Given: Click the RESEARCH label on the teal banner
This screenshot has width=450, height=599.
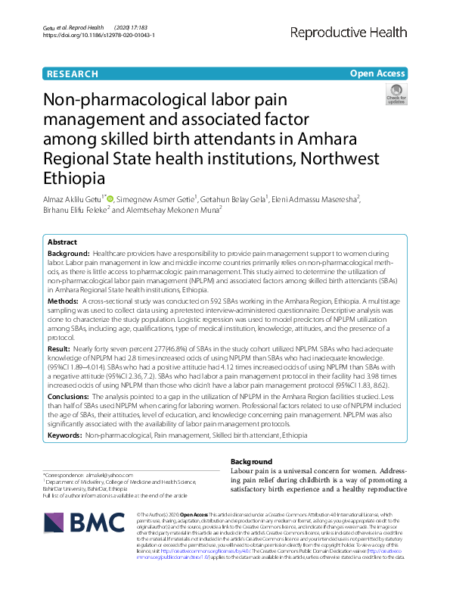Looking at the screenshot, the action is coord(72,74).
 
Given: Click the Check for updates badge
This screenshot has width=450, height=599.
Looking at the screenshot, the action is coord(396,94).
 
